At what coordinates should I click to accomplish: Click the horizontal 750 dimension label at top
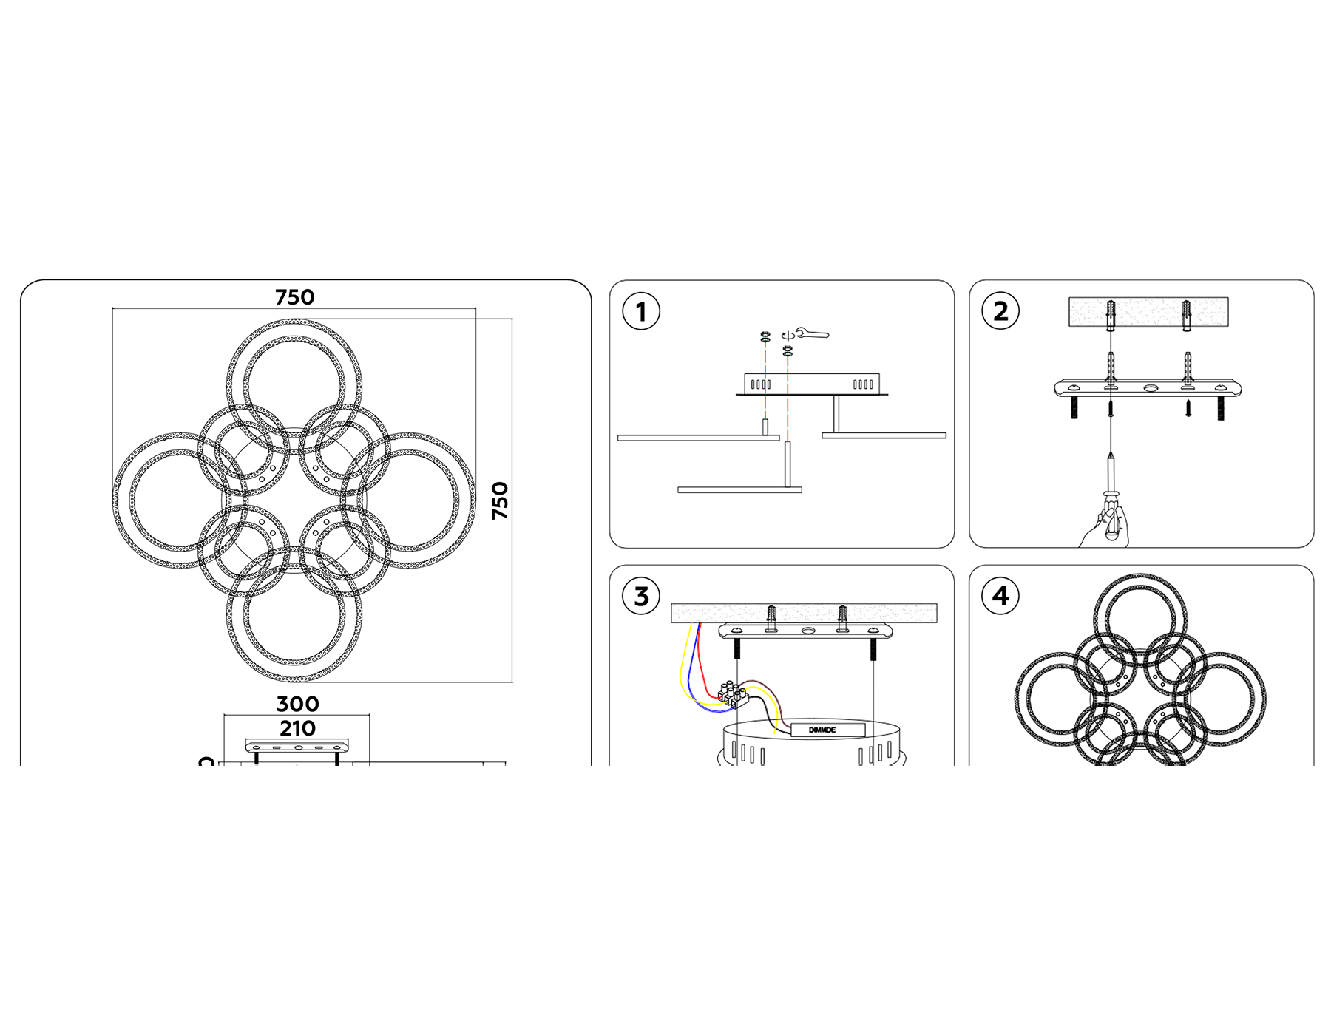pyautogui.click(x=294, y=297)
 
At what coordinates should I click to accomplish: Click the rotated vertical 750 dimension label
pyautogui.click(x=501, y=500)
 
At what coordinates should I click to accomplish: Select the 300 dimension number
pyautogui.click(x=297, y=704)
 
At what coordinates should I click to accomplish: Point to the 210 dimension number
pyautogui.click(x=297, y=728)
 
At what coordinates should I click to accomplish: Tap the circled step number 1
pyautogui.click(x=640, y=311)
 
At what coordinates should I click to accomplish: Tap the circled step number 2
pyautogui.click(x=1000, y=311)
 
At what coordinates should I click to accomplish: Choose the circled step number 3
pyautogui.click(x=640, y=596)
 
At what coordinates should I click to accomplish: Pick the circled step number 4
pyautogui.click(x=1000, y=596)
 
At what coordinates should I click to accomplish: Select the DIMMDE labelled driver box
pyautogui.click(x=827, y=730)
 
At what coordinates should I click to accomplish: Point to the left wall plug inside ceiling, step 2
pyautogui.click(x=1111, y=316)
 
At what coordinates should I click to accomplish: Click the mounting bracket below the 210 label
pyautogui.click(x=297, y=746)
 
